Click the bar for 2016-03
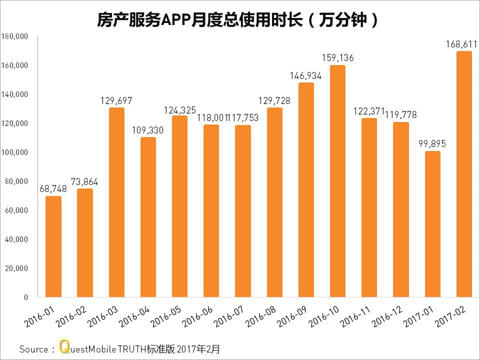pos(116,202)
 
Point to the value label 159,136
pos(337,58)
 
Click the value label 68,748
pos(53,189)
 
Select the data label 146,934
pos(306,76)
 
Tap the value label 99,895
pos(432,144)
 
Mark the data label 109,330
pos(148,130)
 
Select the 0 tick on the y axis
pos(25,297)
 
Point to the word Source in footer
pos(33,349)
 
